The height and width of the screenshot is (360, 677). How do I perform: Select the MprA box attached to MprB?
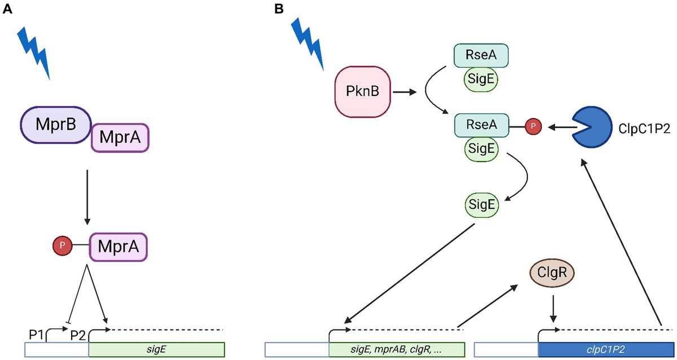point(120,137)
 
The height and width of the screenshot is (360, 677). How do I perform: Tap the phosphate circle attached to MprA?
point(62,246)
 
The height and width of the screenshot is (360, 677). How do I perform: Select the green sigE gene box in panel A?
point(156,349)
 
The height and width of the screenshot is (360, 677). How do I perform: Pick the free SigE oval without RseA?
point(481,204)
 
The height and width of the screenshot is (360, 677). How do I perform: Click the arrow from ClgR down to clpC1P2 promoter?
point(553,306)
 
